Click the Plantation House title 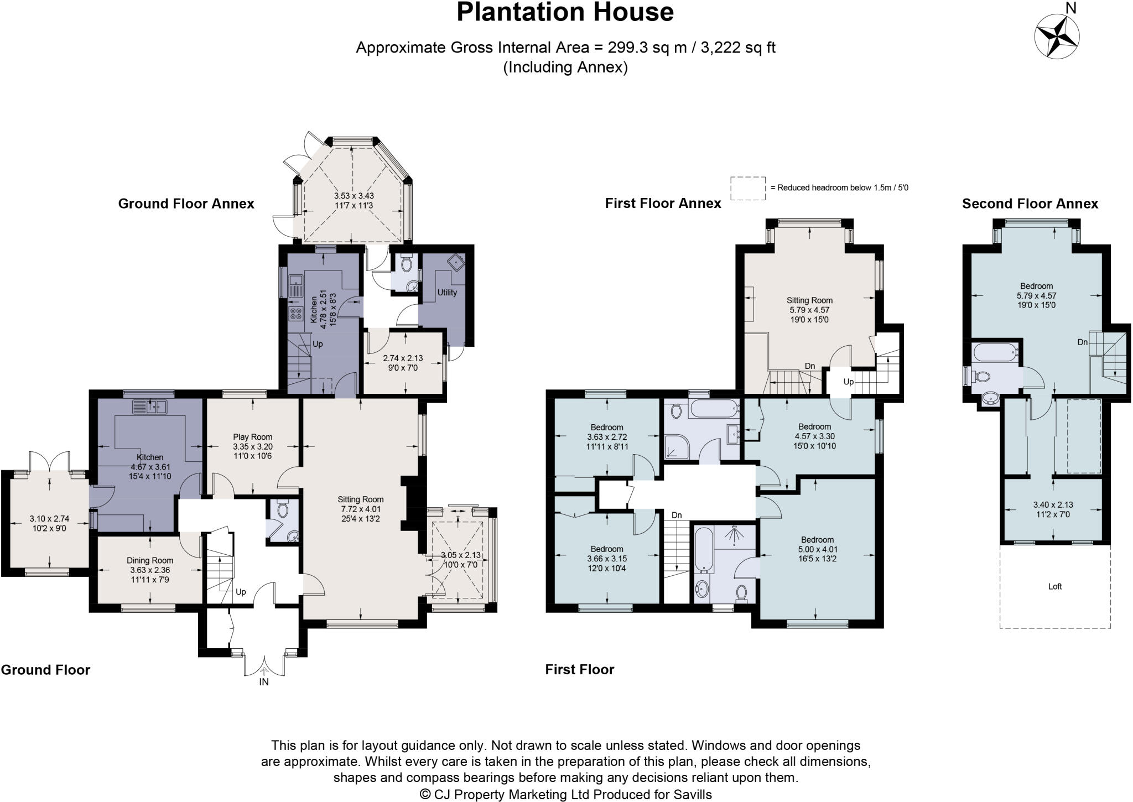(x=565, y=12)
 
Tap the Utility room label (x=447, y=293)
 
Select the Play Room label (x=252, y=437)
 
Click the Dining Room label (x=150, y=560)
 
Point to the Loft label (x=1054, y=586)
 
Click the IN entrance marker (x=264, y=682)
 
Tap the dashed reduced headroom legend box (x=747, y=188)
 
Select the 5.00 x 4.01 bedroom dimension (x=817, y=549)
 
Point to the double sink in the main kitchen (x=150, y=408)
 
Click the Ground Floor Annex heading (x=186, y=204)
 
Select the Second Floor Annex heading (x=1030, y=204)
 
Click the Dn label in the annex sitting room (x=810, y=366)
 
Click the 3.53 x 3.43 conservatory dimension (x=354, y=196)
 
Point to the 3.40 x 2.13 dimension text (x=1053, y=504)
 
